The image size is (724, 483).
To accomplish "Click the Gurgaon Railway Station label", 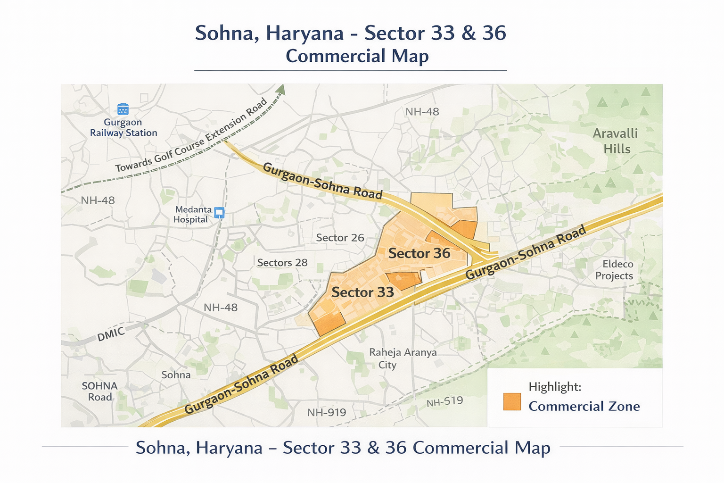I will pos(123,128).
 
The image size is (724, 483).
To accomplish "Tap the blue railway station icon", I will pos(123,109).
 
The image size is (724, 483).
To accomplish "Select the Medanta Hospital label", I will pos(192,214).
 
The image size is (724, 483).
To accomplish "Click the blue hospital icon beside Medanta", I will pos(219,212).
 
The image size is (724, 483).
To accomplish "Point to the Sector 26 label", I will pos(340,238).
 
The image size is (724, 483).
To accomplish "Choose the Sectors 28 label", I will pos(282,263).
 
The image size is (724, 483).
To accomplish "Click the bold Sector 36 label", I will pos(419,253).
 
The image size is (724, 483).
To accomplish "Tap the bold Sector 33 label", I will pos(362,292).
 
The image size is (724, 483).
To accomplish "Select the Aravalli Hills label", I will pos(616,141).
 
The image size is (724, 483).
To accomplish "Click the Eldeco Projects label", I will pos(615,270).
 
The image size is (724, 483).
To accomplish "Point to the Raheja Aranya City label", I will pos(403,358).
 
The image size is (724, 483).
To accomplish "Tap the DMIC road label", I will pos(111,334).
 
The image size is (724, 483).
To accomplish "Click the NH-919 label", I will pos(327,413).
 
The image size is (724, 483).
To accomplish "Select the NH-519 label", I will pos(444,402).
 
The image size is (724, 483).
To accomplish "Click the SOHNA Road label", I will pos(100,391).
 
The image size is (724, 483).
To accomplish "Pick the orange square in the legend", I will pos(512,402).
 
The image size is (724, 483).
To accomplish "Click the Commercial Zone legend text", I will pos(584,406).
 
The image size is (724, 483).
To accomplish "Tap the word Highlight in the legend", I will pos(555,387).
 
